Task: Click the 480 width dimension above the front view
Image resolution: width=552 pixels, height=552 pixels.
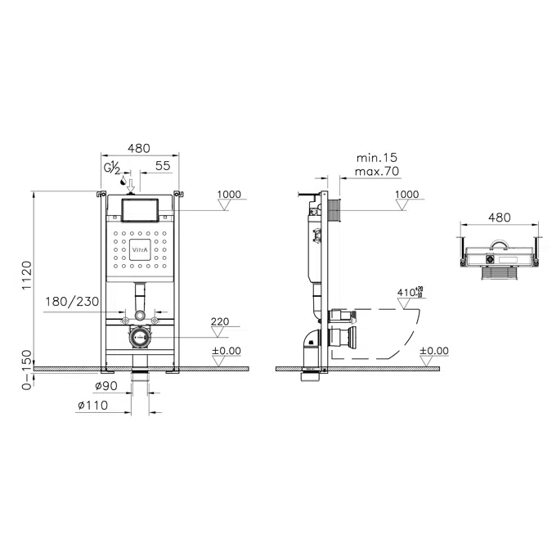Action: click(x=139, y=148)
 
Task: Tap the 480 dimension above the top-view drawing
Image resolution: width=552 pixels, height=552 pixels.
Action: click(x=498, y=218)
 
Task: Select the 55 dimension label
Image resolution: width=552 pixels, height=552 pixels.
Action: click(x=163, y=165)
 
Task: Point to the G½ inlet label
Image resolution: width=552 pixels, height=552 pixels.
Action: click(x=112, y=168)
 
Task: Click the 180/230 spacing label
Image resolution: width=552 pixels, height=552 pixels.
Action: click(x=74, y=302)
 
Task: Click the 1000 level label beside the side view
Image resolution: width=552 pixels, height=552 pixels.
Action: click(x=406, y=195)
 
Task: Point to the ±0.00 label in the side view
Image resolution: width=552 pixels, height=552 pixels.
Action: click(x=434, y=350)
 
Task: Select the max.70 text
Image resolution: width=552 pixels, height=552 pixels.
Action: click(x=377, y=171)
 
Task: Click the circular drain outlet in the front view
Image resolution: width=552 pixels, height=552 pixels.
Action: click(x=139, y=336)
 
